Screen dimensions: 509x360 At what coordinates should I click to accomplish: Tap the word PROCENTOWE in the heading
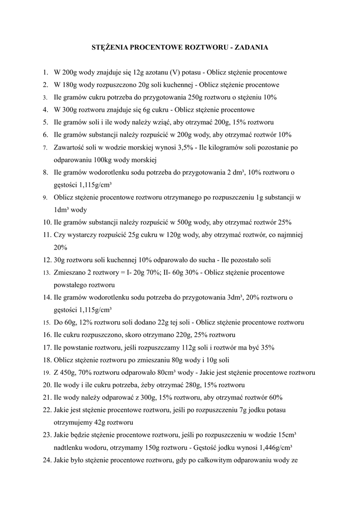[155, 48]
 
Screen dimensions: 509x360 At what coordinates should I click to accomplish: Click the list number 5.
[45, 122]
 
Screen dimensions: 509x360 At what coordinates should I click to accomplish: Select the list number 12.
[46, 260]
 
